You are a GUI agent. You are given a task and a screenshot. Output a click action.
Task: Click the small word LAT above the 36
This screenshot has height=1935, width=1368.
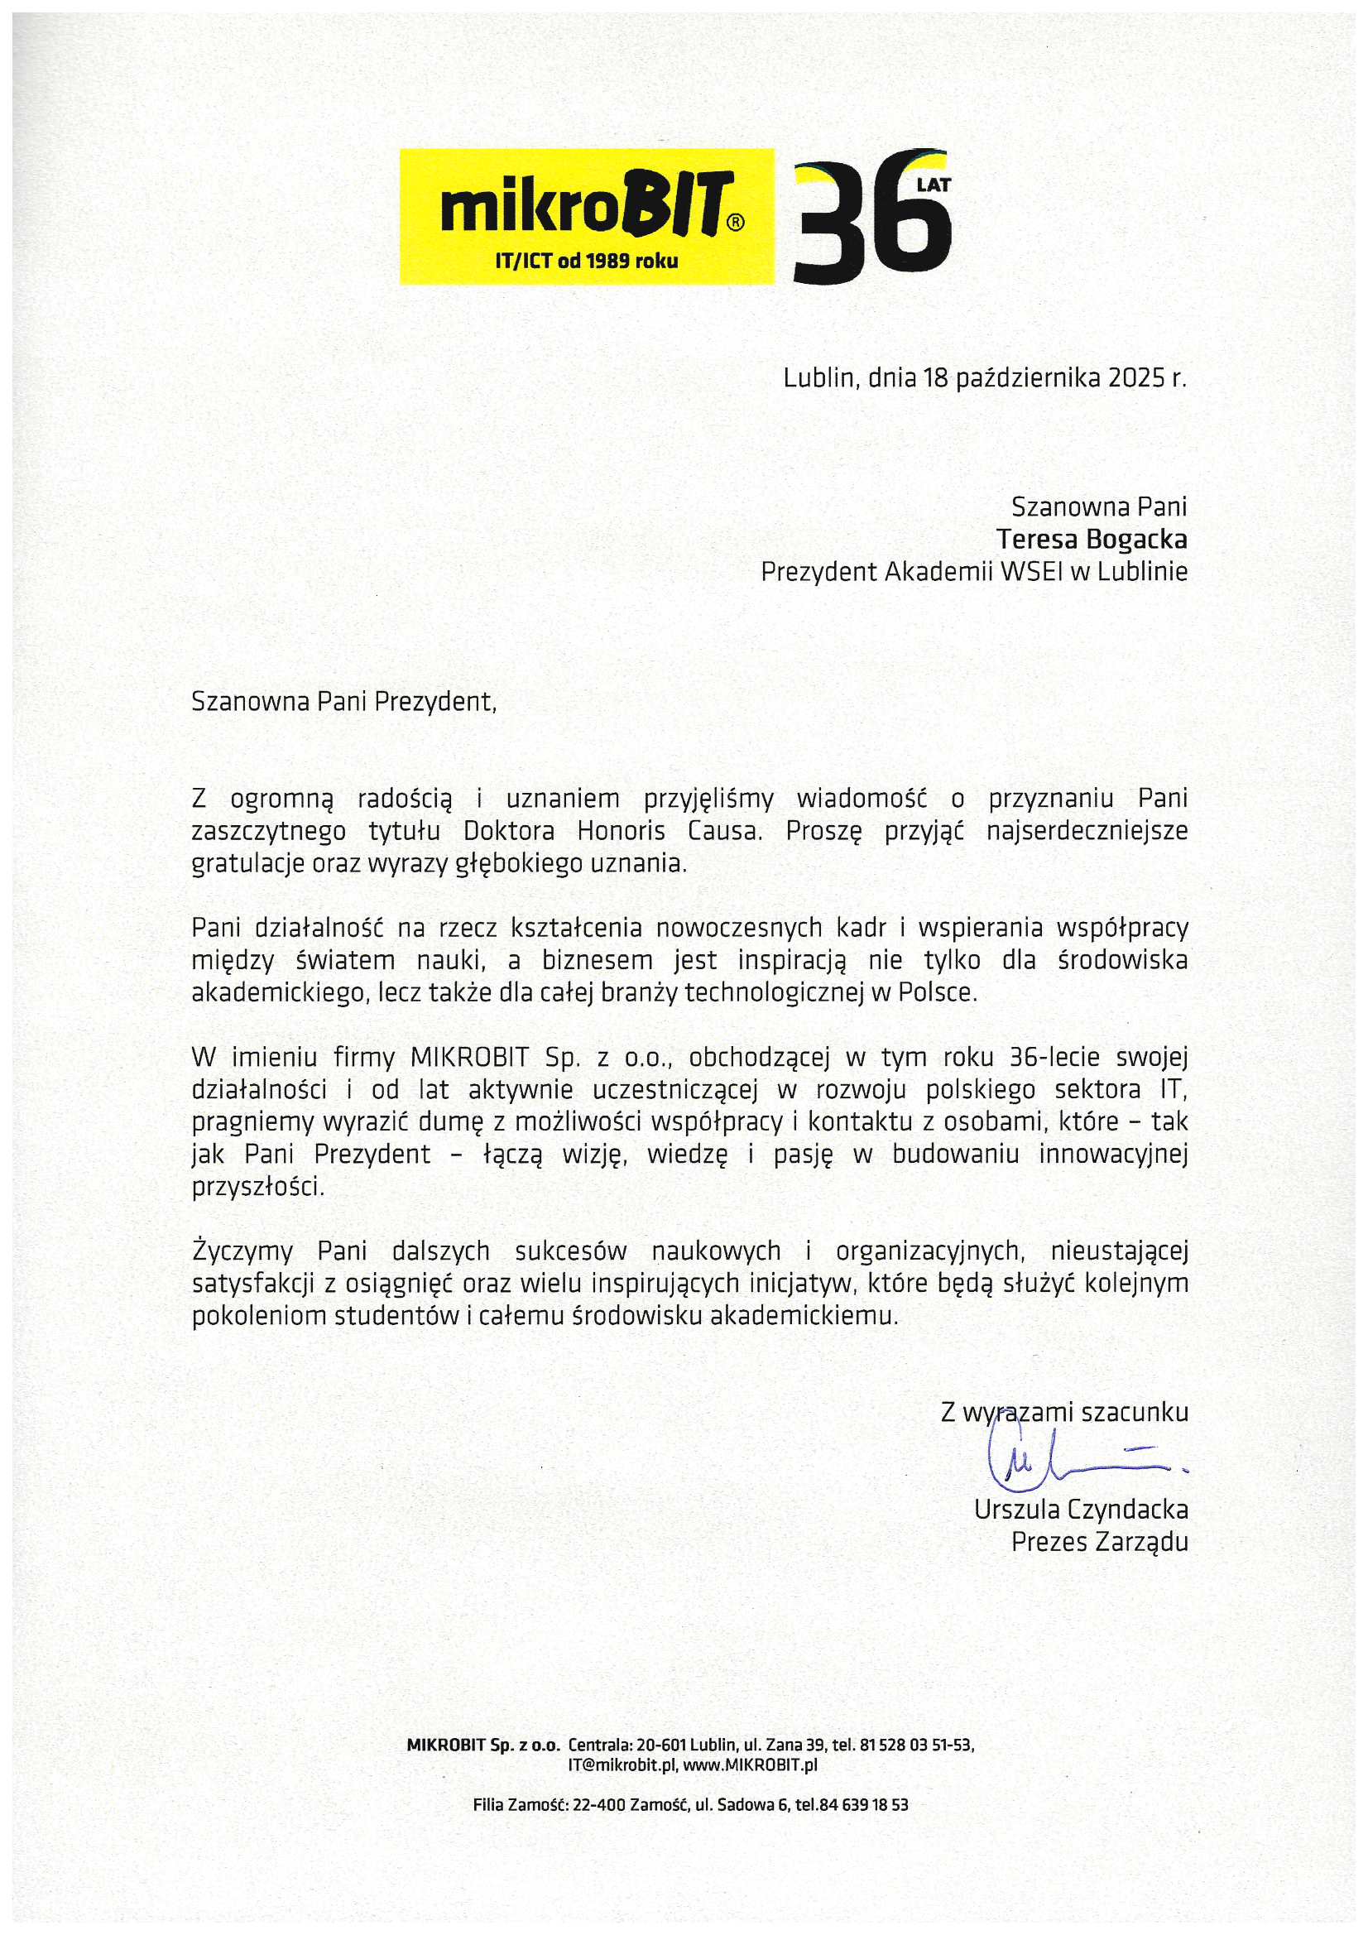[934, 185]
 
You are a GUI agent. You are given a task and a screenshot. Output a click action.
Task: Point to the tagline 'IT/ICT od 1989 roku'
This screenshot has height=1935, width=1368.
[586, 261]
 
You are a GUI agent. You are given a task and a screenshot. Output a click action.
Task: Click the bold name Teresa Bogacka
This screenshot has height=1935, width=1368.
[1092, 539]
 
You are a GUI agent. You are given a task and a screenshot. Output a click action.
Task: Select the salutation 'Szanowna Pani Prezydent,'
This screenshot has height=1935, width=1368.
[344, 701]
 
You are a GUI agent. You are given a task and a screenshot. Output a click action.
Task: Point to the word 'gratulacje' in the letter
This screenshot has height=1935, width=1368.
[246, 864]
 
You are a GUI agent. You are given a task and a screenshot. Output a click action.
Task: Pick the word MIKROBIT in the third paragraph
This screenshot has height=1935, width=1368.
[469, 1057]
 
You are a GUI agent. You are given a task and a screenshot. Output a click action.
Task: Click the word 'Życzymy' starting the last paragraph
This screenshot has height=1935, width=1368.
[243, 1251]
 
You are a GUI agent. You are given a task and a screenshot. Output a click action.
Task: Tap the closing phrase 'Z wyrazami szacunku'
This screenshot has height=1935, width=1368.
[1063, 1414]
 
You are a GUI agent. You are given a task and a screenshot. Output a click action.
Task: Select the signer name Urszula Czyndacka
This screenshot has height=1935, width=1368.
[1081, 1509]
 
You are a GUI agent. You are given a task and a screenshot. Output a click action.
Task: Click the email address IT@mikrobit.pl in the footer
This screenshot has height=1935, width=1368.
[621, 1765]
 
